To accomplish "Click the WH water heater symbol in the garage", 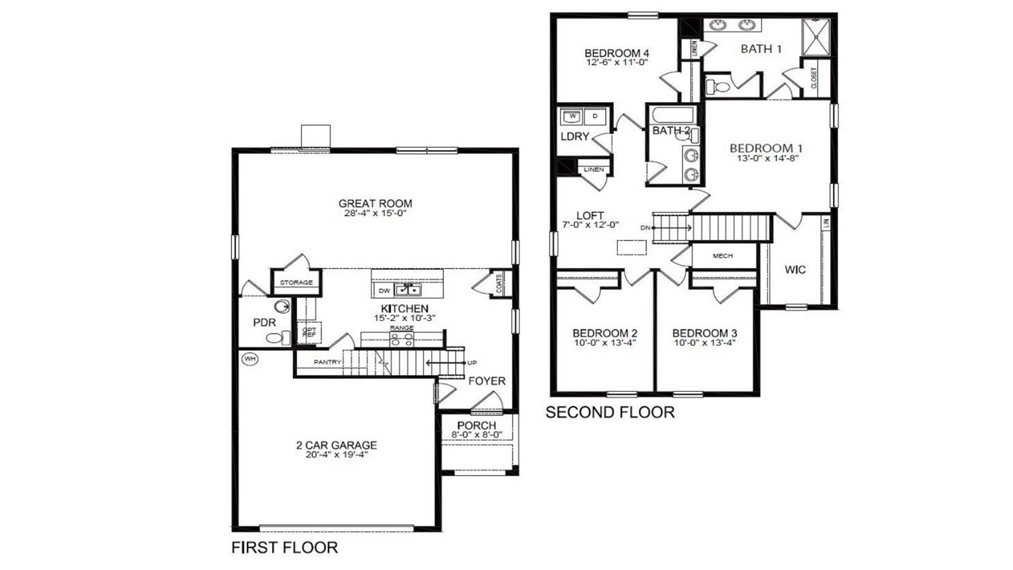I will pyautogui.click(x=250, y=359).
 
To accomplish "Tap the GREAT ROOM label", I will pyautogui.click(x=375, y=203).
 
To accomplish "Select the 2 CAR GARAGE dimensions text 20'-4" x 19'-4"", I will pyautogui.click(x=336, y=454).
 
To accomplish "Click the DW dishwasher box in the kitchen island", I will pyautogui.click(x=384, y=291).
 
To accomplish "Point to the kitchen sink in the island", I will pyautogui.click(x=409, y=290).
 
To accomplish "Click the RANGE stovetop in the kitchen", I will pyautogui.click(x=401, y=339).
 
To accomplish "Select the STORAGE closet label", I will pyautogui.click(x=296, y=282).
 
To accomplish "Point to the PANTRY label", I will pyautogui.click(x=327, y=362).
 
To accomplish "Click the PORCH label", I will pyautogui.click(x=476, y=425).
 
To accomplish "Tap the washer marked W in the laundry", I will pyautogui.click(x=572, y=117).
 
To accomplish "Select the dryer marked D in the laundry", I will pyautogui.click(x=595, y=117).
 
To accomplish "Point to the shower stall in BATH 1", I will pyautogui.click(x=815, y=37).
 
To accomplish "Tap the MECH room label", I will pyautogui.click(x=722, y=256).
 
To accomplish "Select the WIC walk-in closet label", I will pyautogui.click(x=795, y=270).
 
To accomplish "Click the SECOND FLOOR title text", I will pyautogui.click(x=610, y=412).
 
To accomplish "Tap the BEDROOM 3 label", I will pyautogui.click(x=704, y=333).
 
